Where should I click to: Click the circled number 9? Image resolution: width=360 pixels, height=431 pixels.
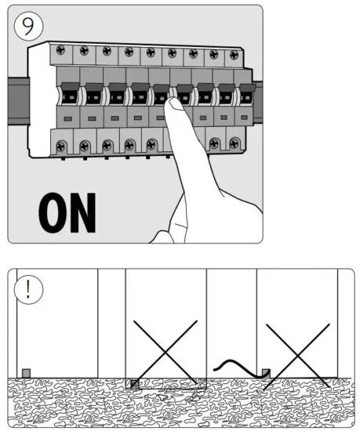[27, 27]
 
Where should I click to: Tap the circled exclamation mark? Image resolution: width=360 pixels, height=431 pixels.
[28, 288]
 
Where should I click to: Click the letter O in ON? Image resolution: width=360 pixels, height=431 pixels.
[53, 212]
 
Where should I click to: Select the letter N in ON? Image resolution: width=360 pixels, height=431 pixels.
[82, 212]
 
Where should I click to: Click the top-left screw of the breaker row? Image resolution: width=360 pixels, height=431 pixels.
[61, 51]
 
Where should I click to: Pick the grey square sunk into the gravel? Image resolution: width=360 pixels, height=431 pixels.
[134, 383]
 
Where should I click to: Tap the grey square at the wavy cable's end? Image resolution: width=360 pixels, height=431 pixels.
[265, 372]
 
